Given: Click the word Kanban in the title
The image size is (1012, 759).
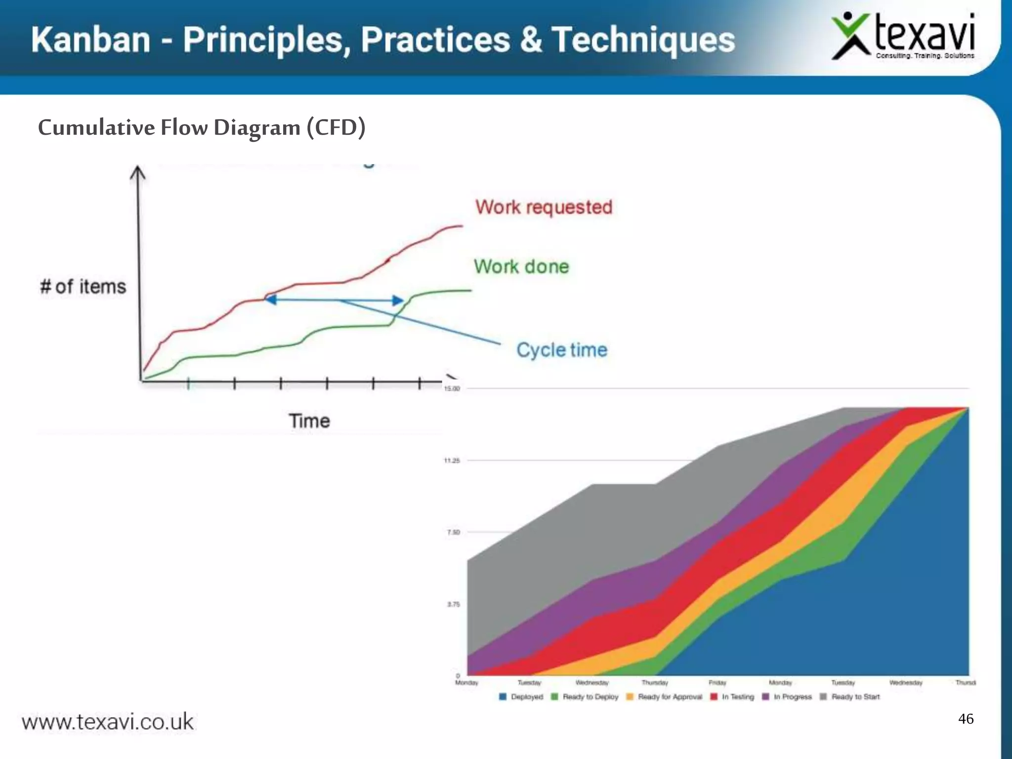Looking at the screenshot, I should click(90, 40).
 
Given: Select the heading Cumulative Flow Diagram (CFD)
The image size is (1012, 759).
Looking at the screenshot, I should click(202, 127).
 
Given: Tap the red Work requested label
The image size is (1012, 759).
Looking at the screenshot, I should click(544, 207).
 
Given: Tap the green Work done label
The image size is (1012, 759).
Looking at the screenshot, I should click(521, 267).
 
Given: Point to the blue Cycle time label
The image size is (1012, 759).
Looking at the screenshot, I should click(562, 350).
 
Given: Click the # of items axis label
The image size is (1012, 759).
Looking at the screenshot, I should click(83, 287).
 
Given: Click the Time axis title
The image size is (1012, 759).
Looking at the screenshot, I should click(309, 421).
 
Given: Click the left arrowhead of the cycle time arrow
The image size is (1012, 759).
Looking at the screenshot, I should click(271, 299).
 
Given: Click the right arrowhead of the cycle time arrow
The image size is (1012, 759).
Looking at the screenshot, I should click(398, 300).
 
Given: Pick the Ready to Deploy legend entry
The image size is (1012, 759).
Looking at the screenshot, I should click(585, 697).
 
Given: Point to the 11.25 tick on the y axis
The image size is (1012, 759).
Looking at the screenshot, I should click(452, 461).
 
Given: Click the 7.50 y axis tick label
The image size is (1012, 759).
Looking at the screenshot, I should click(453, 532).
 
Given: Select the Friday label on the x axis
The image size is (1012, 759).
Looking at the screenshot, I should click(717, 683).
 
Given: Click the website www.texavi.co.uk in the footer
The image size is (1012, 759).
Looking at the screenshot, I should click(108, 722).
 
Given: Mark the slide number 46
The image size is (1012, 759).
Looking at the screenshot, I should click(966, 718).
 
